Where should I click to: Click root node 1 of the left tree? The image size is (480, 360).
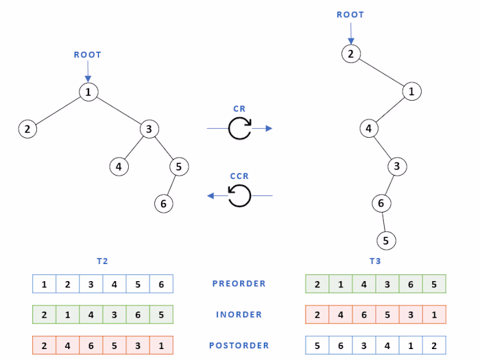[x=88, y=91]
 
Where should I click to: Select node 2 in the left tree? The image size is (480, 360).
[x=27, y=128]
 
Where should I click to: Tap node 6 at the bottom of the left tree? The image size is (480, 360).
[x=163, y=204]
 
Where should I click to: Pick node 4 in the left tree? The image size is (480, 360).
[x=119, y=166]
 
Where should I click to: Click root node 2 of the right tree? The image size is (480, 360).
[x=350, y=53]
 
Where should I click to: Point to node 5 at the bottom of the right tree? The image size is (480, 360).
[x=386, y=241]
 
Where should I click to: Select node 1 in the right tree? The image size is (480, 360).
[x=411, y=91]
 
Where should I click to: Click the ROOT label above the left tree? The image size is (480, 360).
[x=88, y=54]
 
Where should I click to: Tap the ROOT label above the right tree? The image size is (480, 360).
[x=350, y=14]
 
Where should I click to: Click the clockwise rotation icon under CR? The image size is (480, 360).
[x=240, y=128]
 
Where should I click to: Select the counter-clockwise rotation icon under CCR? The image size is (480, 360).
[x=240, y=196]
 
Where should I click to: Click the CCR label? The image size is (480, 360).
[x=239, y=176]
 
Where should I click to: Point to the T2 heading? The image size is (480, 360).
[x=103, y=261]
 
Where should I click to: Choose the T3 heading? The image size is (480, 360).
[x=375, y=261]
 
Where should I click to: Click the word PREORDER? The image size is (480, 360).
[x=239, y=284]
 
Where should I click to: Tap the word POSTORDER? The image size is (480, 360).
[x=239, y=346]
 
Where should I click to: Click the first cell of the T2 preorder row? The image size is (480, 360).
[x=44, y=284]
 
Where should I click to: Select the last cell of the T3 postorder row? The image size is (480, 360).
[x=434, y=346]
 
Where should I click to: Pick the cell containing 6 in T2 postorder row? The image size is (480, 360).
[x=91, y=346]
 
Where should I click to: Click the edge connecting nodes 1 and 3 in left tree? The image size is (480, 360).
[x=119, y=110]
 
